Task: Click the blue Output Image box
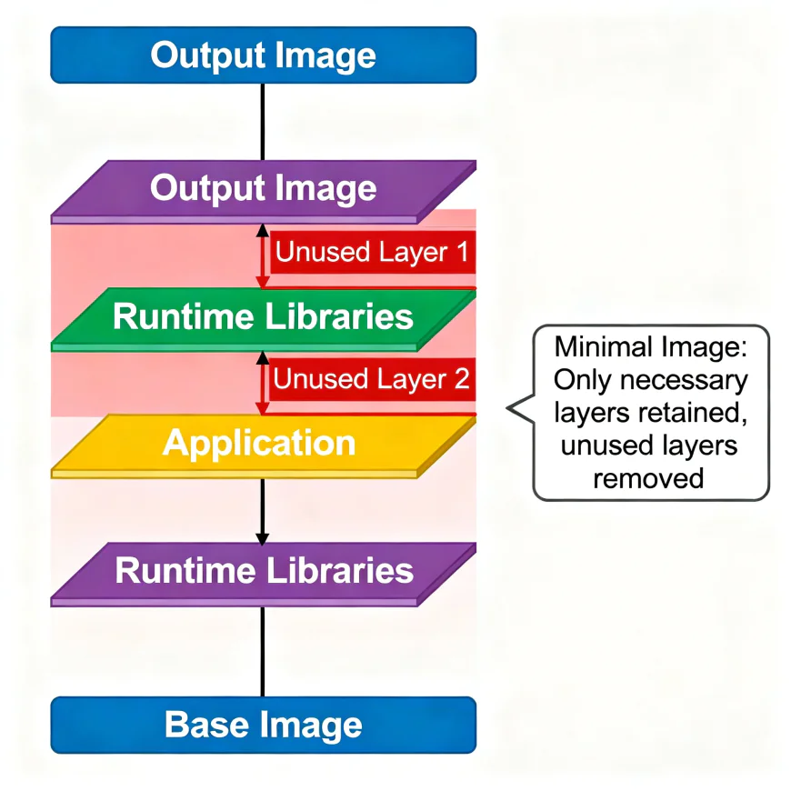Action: tap(263, 55)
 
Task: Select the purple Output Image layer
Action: tap(263, 189)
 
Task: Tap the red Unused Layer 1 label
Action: tap(371, 253)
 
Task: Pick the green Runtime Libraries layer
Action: tap(263, 316)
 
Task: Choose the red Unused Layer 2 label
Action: tap(371, 379)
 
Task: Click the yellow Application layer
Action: tap(263, 444)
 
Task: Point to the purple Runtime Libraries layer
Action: tap(263, 571)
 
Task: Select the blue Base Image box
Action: tap(263, 726)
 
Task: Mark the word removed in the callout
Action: tap(648, 477)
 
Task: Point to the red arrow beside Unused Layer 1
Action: tap(262, 255)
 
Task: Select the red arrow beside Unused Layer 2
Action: tap(262, 382)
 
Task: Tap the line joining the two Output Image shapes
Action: tap(262, 123)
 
